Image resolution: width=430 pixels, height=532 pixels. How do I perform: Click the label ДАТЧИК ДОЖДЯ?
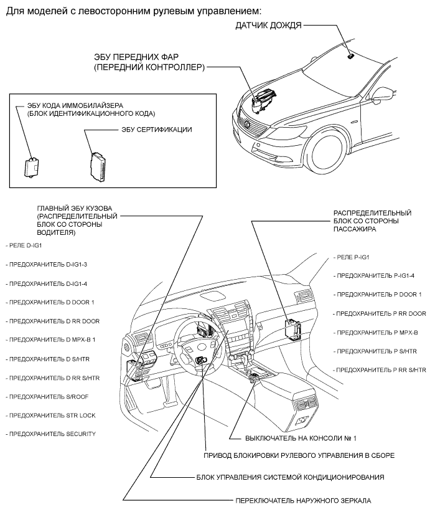268,26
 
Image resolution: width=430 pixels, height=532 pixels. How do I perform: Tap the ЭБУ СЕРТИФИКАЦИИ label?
156,130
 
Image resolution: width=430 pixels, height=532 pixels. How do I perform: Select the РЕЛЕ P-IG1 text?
353,257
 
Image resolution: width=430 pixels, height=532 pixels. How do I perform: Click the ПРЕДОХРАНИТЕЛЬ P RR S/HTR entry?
380,370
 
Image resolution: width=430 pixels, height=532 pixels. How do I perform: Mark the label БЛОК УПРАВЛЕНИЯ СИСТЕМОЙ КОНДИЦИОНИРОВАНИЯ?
289,477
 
